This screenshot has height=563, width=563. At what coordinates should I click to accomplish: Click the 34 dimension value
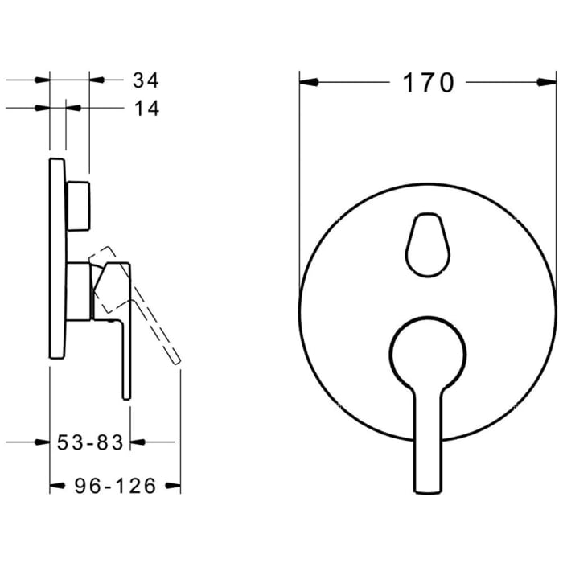[145, 80]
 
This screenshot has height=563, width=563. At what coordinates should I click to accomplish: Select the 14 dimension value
[145, 109]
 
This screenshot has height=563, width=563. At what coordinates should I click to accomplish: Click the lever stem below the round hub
[426, 450]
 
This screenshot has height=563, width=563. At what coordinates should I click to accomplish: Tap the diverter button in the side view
[80, 206]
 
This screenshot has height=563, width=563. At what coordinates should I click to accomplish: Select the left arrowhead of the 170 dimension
[309, 82]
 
